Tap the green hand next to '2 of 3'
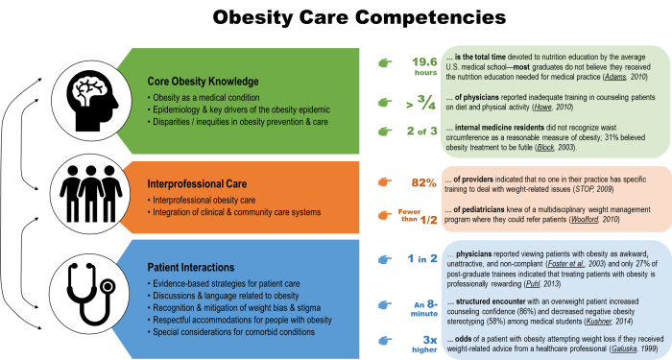tap(385, 132)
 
